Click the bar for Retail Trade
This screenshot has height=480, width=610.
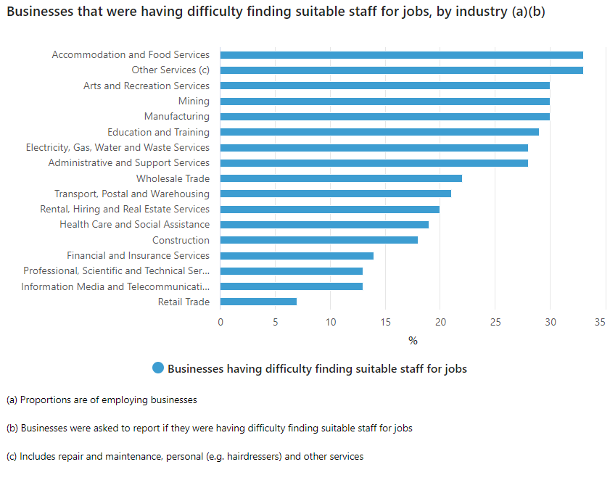[258, 302]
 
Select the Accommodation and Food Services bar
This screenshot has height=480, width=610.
[401, 55]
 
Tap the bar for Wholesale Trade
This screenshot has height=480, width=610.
[341, 178]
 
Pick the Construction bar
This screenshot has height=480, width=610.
[319, 240]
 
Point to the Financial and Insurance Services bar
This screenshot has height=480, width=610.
[297, 256]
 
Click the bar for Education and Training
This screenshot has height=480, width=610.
[379, 132]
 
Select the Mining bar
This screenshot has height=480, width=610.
[384, 102]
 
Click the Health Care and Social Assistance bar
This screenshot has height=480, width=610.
[324, 225]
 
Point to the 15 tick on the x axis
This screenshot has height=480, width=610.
[385, 322]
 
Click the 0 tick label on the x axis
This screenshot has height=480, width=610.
[220, 322]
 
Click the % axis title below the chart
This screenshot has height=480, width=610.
[413, 340]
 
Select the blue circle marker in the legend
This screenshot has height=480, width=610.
[158, 368]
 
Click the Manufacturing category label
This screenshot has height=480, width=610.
[176, 117]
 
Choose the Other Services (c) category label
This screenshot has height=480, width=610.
[170, 70]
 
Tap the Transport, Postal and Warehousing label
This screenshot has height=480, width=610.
[132, 194]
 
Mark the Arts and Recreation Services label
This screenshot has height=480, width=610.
[147, 86]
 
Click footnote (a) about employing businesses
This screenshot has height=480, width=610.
[102, 400]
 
